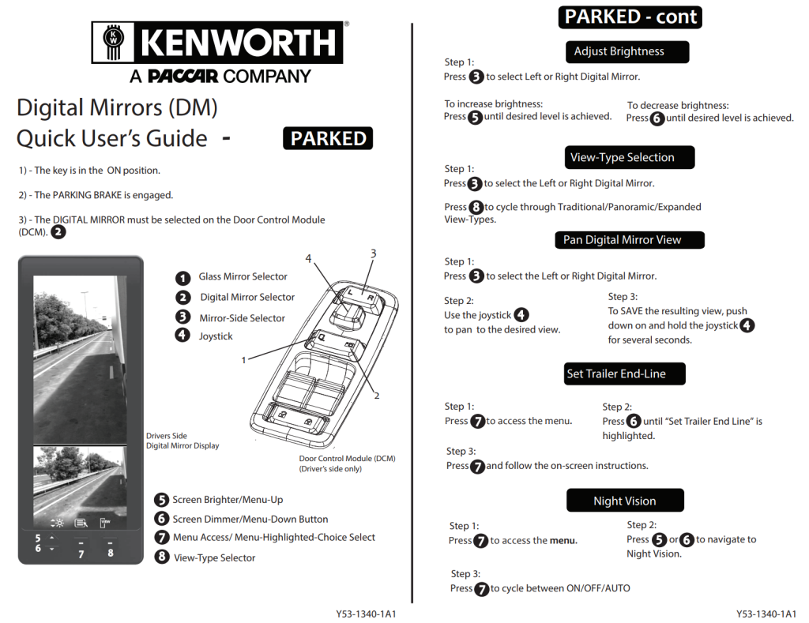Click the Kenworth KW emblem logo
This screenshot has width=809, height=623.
point(115,42)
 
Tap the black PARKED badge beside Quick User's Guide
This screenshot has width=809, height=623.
point(328,138)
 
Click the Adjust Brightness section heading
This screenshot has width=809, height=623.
point(619,52)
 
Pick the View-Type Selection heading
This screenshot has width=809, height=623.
point(622,157)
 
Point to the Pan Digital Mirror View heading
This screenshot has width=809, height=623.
point(622,240)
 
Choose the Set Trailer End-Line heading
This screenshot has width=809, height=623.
point(615,373)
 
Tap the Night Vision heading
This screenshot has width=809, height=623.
point(624,501)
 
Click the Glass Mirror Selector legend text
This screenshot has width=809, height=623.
point(243,277)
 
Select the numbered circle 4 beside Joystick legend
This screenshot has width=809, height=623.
point(182,336)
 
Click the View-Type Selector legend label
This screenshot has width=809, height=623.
point(214,557)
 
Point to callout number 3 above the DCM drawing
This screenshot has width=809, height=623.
point(373,253)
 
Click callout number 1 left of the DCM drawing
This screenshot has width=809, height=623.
point(244,359)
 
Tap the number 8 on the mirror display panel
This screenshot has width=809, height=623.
point(111,553)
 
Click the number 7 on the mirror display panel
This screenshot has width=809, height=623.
point(81,554)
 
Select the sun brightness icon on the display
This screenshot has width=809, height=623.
point(57,523)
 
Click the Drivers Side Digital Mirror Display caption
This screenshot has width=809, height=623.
point(182,441)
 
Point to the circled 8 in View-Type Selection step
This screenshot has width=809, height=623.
point(476,208)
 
